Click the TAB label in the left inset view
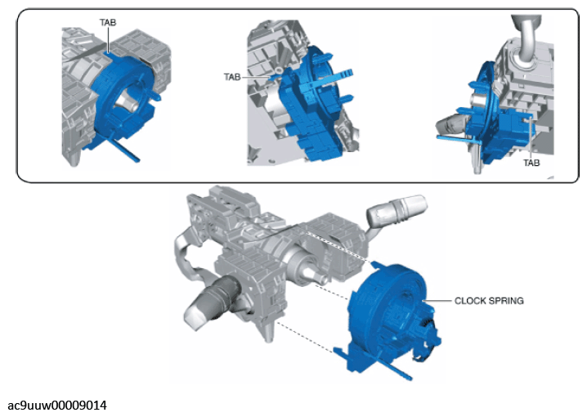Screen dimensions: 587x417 click(108, 22)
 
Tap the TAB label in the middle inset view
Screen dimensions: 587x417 click(232, 77)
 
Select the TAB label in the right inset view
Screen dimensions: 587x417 click(531, 163)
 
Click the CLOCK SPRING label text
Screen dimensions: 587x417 click(489, 301)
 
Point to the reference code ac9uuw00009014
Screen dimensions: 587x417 click(57, 406)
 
